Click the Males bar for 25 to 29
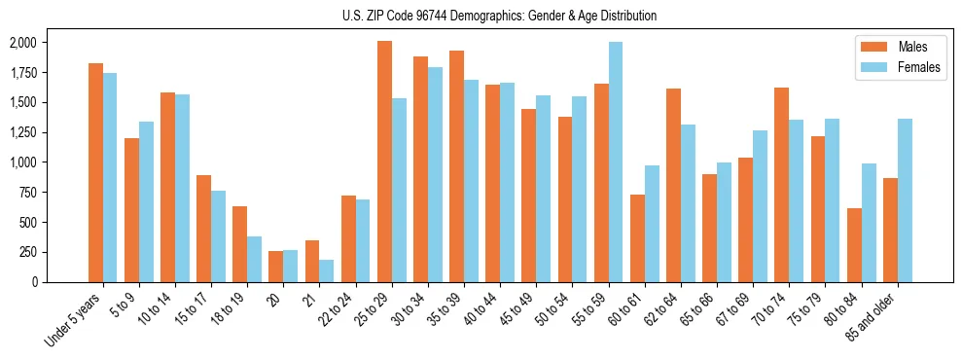pyautogui.click(x=384, y=162)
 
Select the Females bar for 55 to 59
pyautogui.click(x=616, y=162)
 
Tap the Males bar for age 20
pyautogui.click(x=275, y=267)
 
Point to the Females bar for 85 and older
pyautogui.click(x=905, y=200)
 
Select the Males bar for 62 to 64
pyautogui.click(x=673, y=185)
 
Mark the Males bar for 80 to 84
pyautogui.click(x=854, y=245)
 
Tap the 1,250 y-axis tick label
pyautogui.click(x=22, y=132)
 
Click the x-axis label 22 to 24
pyautogui.click(x=341, y=309)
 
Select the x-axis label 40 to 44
pyautogui.click(x=486, y=309)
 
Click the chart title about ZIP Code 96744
pyautogui.click(x=499, y=16)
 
